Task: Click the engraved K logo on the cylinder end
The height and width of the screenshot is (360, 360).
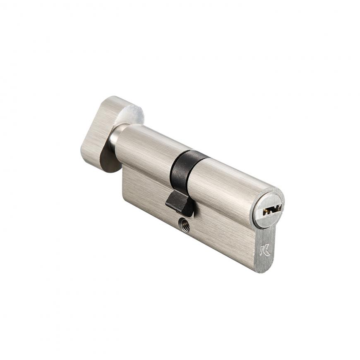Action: click(265, 250)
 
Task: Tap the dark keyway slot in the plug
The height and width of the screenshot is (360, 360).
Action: click(272, 210)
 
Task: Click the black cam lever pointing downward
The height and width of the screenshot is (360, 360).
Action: click(179, 204)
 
